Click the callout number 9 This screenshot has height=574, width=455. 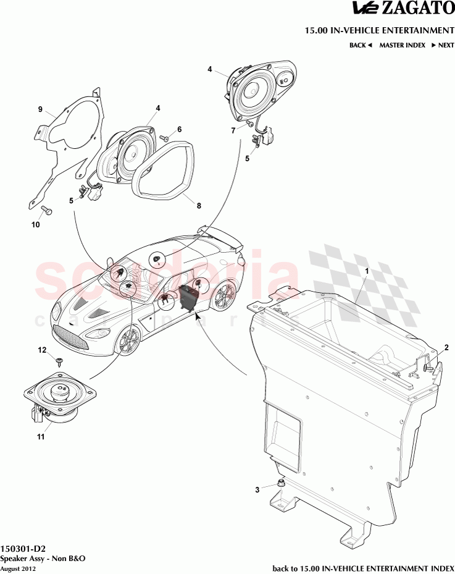point(40,109)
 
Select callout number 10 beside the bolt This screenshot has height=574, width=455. point(36,225)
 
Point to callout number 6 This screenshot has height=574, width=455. point(180,129)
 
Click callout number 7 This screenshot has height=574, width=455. point(233,130)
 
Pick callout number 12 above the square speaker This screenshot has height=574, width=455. point(42,350)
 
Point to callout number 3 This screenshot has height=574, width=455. point(257,490)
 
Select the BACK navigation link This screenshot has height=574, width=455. point(361,45)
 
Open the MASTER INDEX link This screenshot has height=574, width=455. point(402,45)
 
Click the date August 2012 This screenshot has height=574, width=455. point(18,568)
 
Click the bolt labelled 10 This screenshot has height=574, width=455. point(48,211)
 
